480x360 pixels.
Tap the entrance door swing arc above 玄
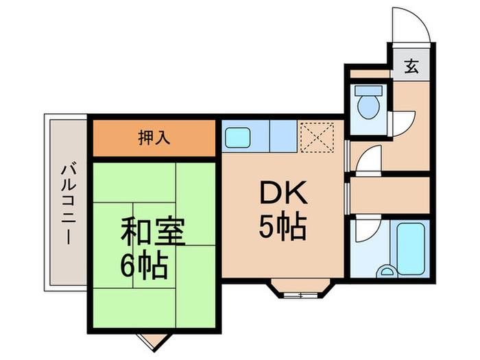[x=411, y=28]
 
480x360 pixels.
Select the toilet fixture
[x=369, y=102]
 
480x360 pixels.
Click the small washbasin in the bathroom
[x=388, y=272]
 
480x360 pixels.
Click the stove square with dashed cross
[x=316, y=136]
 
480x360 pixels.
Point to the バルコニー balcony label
[x=67, y=204]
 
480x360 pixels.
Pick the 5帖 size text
[x=281, y=227]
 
